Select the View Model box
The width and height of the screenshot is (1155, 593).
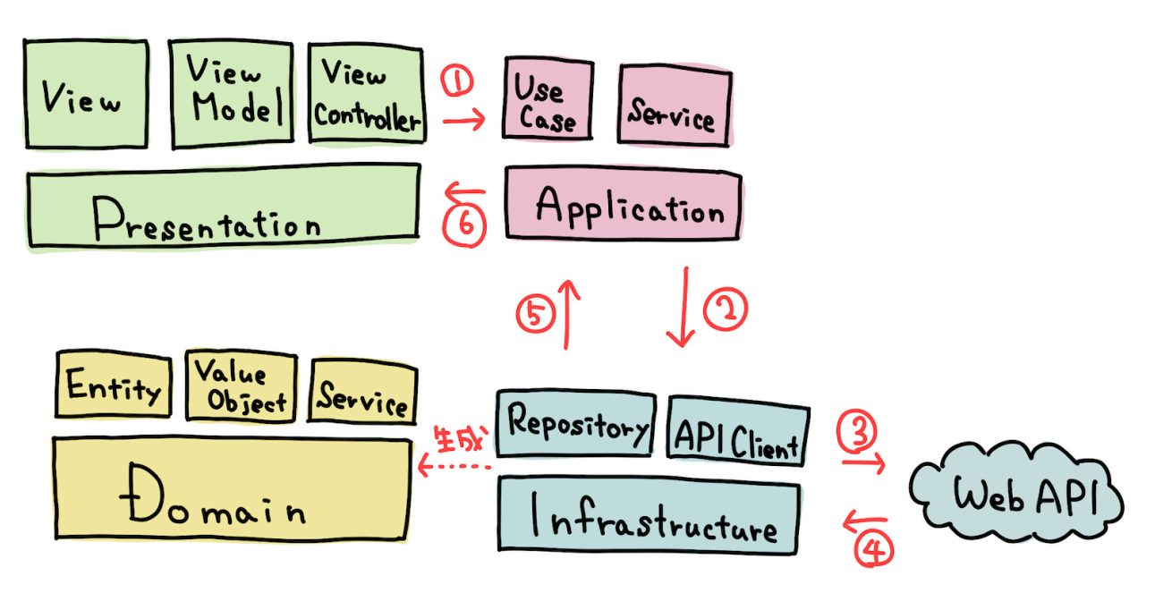[232, 93]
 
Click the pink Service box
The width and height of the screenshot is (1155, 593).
[674, 106]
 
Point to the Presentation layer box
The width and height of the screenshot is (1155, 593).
[224, 205]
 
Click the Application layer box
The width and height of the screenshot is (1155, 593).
[623, 207]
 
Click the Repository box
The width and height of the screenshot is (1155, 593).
[574, 425]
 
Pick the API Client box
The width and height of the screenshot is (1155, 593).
[738, 435]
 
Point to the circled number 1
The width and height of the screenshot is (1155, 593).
[456, 83]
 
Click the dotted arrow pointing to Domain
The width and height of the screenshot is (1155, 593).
[456, 466]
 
